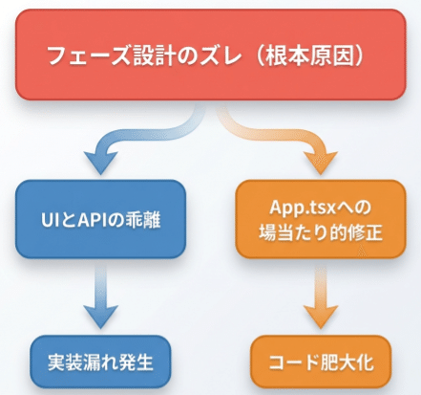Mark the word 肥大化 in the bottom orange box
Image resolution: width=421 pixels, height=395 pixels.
point(345,362)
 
